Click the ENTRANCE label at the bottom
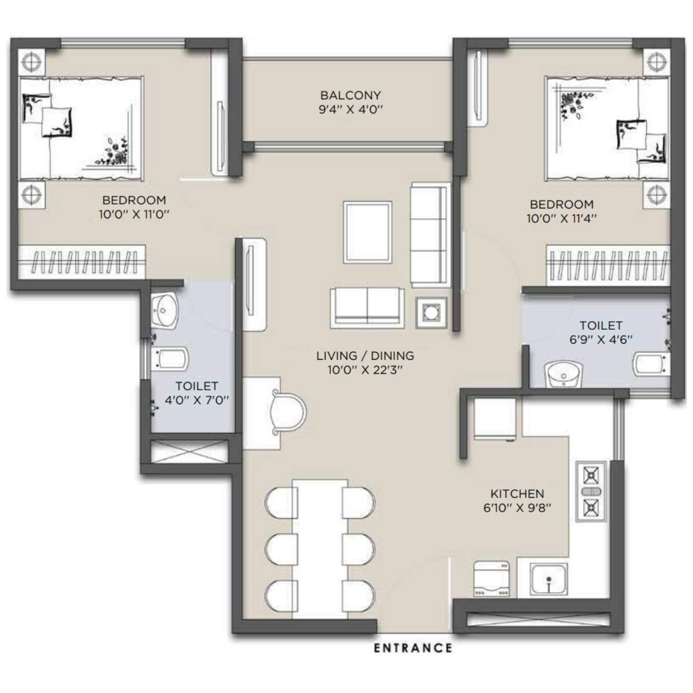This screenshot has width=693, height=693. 412,648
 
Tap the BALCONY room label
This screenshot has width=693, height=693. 351,95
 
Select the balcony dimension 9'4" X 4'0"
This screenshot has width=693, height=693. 351,110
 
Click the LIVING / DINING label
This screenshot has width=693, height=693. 365,356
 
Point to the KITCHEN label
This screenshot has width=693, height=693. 517,494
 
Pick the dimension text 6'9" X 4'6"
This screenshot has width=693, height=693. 601,340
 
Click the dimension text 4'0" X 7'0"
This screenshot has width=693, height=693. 197,400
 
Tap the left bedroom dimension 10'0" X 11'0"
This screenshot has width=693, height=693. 134,214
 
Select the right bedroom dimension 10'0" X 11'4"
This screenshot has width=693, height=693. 561,218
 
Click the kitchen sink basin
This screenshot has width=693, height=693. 549,580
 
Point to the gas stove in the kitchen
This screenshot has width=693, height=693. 591,491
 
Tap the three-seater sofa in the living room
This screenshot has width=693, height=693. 430,235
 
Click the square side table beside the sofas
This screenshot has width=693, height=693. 430,313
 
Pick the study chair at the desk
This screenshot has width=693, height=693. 287,411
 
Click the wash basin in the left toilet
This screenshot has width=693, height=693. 166,311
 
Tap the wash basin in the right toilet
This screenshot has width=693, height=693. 564,375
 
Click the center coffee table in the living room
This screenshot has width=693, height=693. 367,232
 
